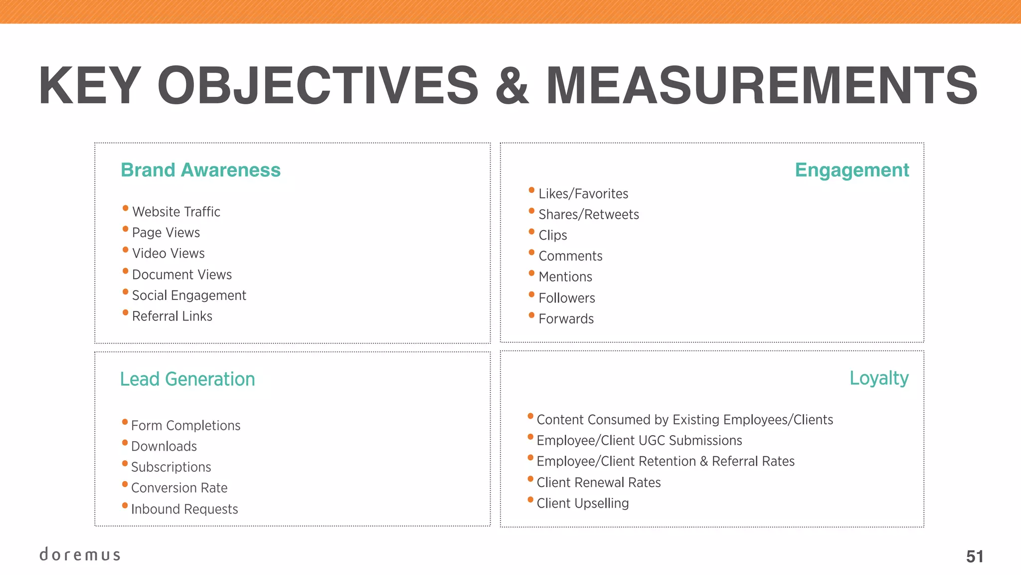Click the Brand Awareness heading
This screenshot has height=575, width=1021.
200,170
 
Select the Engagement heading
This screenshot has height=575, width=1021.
851,170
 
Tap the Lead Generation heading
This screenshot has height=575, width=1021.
187,379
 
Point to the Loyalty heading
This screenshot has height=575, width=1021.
879,378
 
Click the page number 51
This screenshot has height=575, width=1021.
975,557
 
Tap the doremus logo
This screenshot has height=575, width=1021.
80,555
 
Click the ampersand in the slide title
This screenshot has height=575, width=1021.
512,86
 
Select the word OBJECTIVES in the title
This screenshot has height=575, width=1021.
318,86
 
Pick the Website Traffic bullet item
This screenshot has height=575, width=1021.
176,212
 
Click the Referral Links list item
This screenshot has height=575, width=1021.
172,316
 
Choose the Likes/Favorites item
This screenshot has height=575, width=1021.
583,194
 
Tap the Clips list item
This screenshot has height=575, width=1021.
553,235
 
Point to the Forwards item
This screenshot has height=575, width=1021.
566,319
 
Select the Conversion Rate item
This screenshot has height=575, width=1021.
179,488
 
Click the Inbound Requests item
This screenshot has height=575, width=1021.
184,509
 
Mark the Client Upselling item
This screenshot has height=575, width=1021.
582,503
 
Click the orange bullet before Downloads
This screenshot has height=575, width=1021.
125,443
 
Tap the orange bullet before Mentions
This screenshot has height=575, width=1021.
531,274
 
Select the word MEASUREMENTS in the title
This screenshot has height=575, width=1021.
762,86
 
